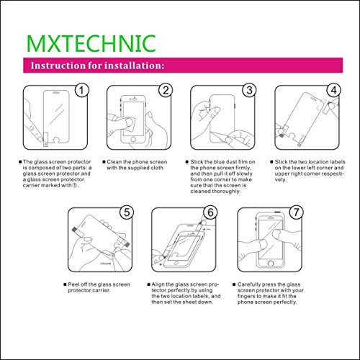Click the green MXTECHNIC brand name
[x=91, y=43]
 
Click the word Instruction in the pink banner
[x=58, y=66]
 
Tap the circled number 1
[x=81, y=91]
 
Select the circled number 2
[x=166, y=91]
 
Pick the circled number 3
[x=249, y=91]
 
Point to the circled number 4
[x=333, y=91]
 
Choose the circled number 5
[x=127, y=212]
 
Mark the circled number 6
[x=210, y=212]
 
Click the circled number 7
[x=296, y=212]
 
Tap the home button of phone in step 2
[x=133, y=139]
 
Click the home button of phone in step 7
[x=271, y=264]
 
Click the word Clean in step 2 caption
[x=114, y=162]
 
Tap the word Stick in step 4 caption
[x=282, y=162]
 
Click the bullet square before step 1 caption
[x=20, y=162]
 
